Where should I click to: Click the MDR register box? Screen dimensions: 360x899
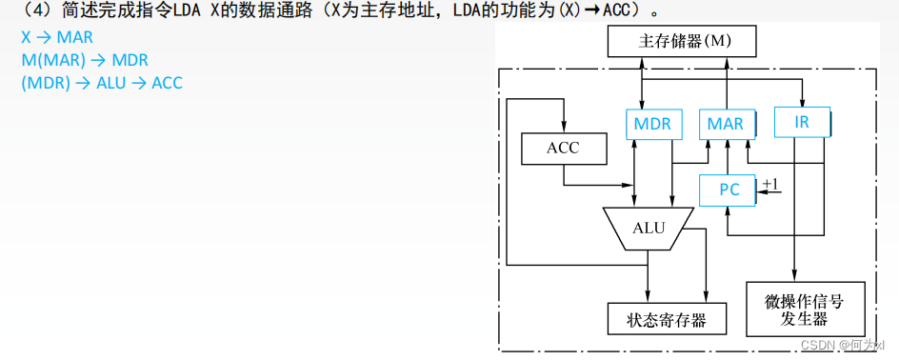pos(651,124)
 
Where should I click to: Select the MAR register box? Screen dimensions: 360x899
pos(726,124)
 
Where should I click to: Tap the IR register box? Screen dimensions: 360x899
pos(801,121)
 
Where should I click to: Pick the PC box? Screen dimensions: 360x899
pos(729,190)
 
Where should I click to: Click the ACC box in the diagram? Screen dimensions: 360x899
pos(563,148)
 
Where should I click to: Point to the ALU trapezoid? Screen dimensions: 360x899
pos(649,228)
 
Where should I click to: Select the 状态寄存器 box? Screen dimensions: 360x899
pos(667,318)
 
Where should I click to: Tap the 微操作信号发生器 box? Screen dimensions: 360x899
pos(804,309)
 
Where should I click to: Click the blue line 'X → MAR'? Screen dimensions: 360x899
pos(57,39)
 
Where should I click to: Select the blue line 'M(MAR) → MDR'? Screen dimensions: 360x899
pos(85,61)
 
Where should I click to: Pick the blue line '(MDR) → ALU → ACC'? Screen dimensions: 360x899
pos(102,83)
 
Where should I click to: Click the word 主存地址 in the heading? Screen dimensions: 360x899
pos(394,12)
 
